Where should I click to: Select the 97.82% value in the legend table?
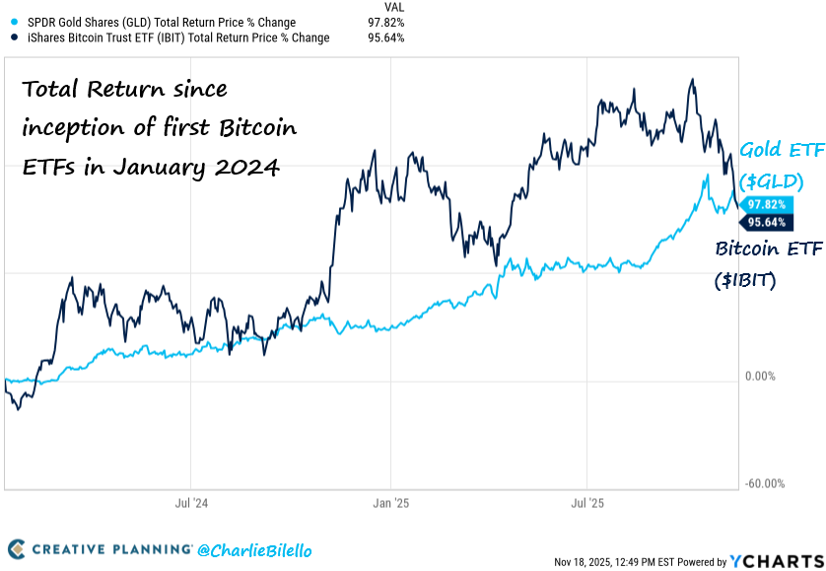(x=384, y=22)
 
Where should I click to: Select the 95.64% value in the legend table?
(x=384, y=37)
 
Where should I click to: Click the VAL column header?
(x=393, y=6)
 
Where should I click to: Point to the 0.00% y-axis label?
(x=762, y=377)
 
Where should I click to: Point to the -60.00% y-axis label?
(x=765, y=483)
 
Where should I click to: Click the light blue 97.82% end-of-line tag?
(x=767, y=203)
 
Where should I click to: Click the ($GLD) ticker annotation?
(x=769, y=181)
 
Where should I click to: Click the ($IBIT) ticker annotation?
(x=746, y=280)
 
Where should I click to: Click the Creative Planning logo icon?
(x=17, y=547)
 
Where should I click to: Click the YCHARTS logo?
(x=773, y=561)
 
